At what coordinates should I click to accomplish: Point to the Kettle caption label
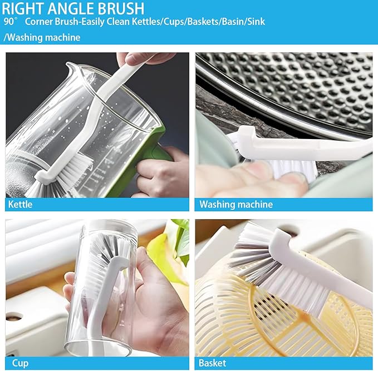point(20,204)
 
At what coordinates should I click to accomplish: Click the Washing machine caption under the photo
point(236,204)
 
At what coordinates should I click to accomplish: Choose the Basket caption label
point(213,363)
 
